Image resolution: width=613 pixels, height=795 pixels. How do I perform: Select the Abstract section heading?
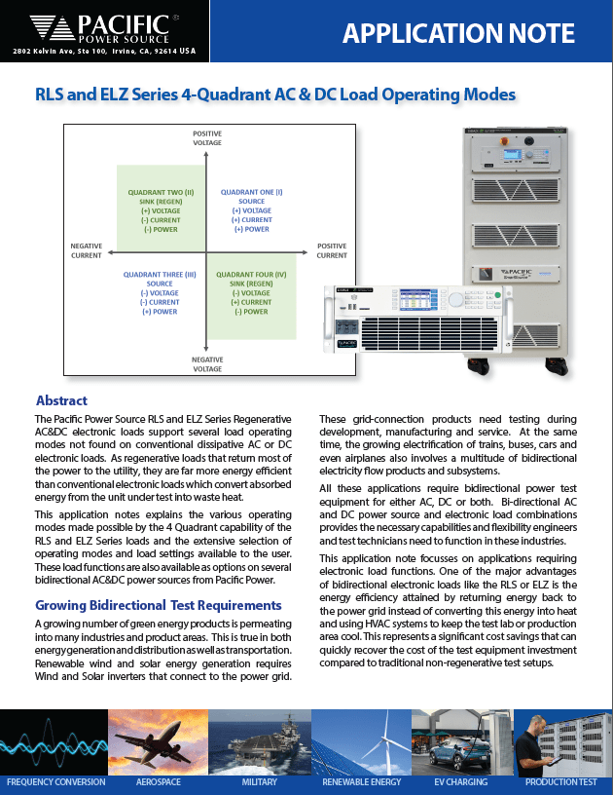pyautogui.click(x=61, y=400)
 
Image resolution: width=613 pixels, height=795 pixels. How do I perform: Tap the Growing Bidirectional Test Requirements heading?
pyautogui.click(x=159, y=605)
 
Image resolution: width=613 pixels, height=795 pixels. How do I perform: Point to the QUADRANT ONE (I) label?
pyautogui.click(x=251, y=193)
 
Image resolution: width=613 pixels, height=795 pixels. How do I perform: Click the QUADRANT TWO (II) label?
pyautogui.click(x=162, y=193)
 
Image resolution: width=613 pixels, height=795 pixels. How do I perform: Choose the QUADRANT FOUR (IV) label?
pyautogui.click(x=251, y=276)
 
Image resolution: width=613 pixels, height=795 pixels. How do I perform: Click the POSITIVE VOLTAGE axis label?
pyautogui.click(x=206, y=138)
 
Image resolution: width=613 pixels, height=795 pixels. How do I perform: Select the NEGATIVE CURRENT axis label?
pyautogui.click(x=86, y=251)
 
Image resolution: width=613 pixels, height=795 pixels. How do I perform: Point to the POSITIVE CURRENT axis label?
pyautogui.click(x=332, y=251)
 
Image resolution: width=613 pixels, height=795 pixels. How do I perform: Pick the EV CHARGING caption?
pyautogui.click(x=460, y=782)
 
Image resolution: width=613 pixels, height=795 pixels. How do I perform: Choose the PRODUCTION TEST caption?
pyautogui.click(x=560, y=782)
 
